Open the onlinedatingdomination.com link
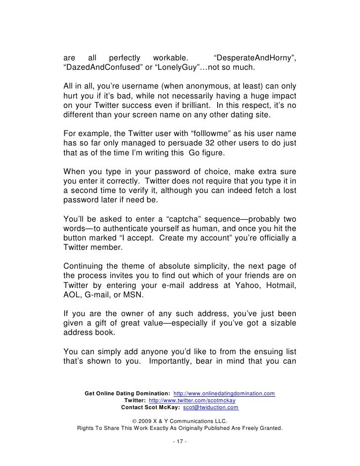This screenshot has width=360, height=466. pyautogui.click(x=225, y=393)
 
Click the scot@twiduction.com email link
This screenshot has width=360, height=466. pyautogui.click(x=211, y=408)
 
